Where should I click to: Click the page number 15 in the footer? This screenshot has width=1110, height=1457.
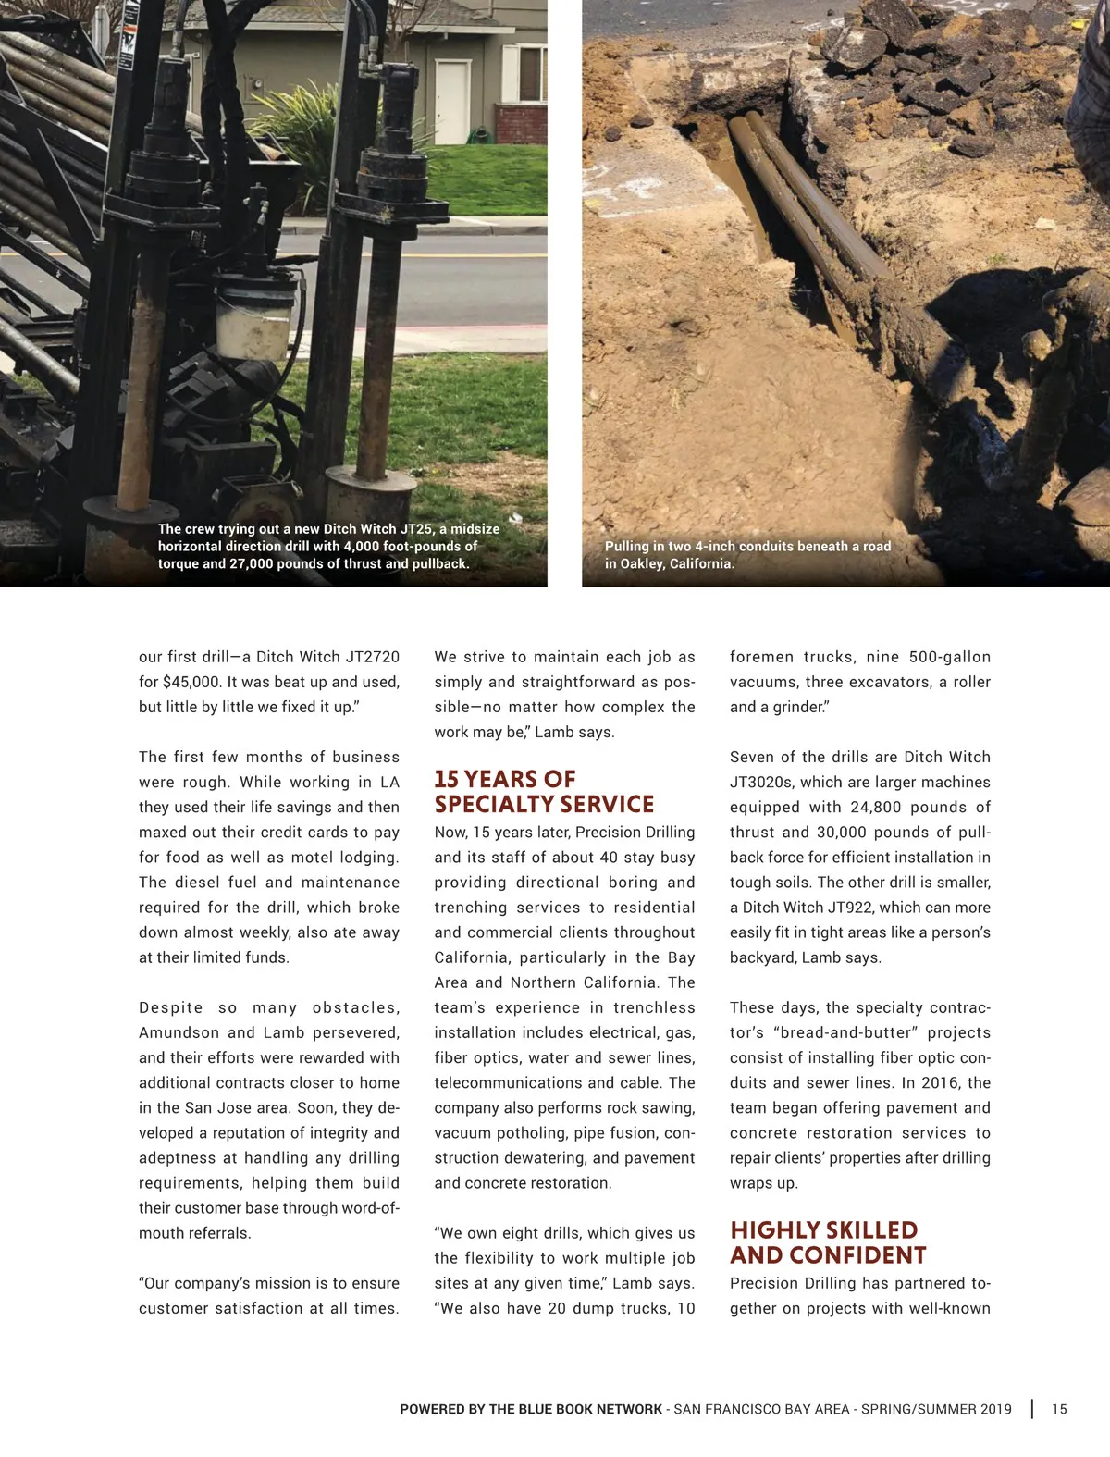(1059, 1409)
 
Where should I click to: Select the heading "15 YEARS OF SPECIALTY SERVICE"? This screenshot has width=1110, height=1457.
(544, 792)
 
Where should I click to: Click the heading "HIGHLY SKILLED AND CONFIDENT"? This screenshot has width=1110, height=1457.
(828, 1242)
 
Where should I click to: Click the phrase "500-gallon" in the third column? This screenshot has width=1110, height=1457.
(950, 657)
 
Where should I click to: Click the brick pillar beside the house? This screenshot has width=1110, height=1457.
(507, 124)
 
